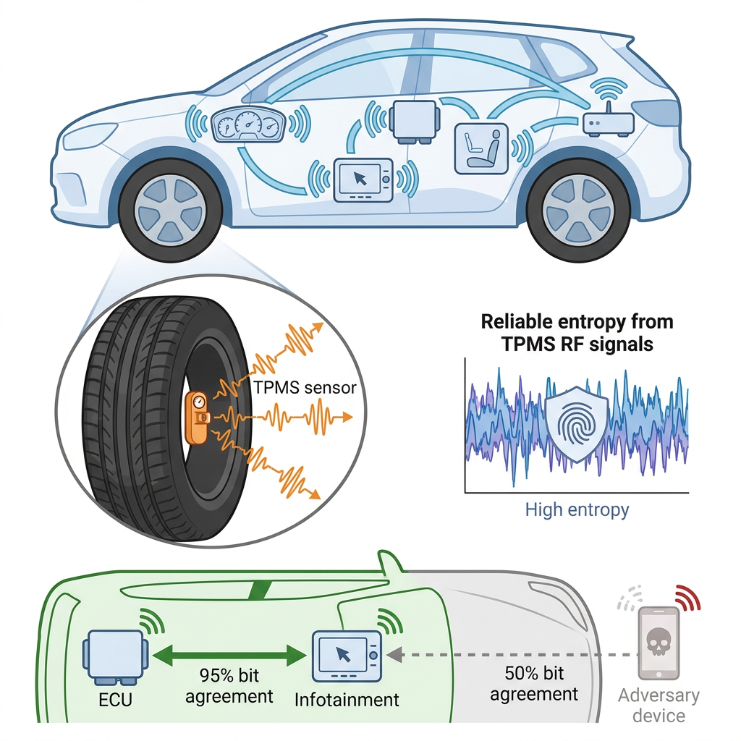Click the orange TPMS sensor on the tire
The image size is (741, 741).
[x=198, y=418]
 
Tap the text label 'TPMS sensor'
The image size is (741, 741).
[x=305, y=388]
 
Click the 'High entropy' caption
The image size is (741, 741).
[x=577, y=510]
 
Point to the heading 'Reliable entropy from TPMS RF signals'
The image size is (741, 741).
[x=577, y=333]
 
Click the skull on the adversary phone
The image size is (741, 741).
[x=659, y=641]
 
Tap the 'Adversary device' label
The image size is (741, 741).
[x=659, y=705]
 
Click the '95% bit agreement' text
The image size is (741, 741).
[x=229, y=686]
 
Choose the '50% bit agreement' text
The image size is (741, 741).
[x=534, y=683]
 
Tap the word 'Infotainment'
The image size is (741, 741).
[x=347, y=700]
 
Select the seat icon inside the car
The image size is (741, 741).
[x=481, y=149]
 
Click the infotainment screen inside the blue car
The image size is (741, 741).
[x=363, y=180]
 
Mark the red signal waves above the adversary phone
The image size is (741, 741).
[x=688, y=597]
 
